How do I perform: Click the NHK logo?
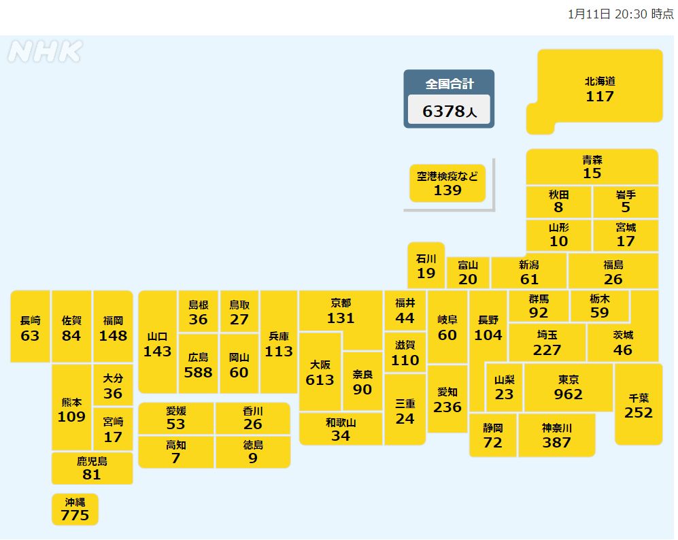(45, 52)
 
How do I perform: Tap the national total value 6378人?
(449, 112)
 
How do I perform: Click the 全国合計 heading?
(449, 84)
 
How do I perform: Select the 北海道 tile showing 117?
(600, 89)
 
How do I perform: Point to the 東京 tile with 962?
(569, 388)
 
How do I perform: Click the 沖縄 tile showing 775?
(75, 509)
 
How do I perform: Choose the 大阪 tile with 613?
(320, 372)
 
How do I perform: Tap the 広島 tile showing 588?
(198, 365)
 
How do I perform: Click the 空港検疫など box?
(447, 183)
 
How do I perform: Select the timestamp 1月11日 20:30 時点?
(620, 14)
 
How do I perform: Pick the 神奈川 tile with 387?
(556, 435)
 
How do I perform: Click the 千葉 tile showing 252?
(638, 405)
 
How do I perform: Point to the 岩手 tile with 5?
(626, 201)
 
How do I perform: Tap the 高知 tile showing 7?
(176, 452)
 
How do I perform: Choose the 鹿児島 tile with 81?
(92, 468)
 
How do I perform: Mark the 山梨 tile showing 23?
(504, 388)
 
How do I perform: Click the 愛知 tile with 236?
(447, 400)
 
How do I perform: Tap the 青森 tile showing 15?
(592, 167)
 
